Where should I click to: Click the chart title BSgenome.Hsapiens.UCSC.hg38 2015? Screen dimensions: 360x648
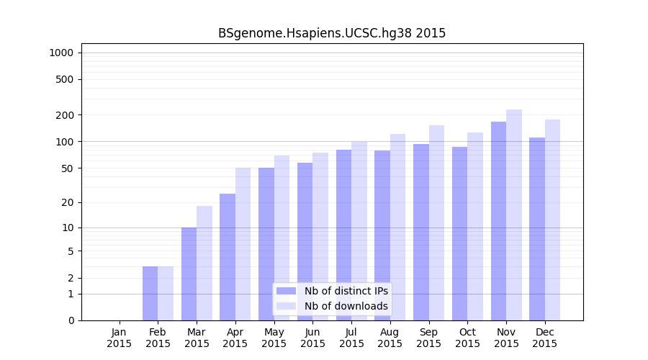(x=332, y=33)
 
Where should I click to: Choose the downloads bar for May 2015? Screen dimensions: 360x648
(x=282, y=238)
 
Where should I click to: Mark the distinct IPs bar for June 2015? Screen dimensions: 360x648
(x=305, y=241)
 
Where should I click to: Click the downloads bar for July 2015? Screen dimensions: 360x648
(x=359, y=230)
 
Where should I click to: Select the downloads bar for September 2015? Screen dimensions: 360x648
(x=436, y=222)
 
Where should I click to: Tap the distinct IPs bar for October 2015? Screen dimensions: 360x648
(x=459, y=233)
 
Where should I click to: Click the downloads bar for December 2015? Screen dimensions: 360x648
(x=552, y=220)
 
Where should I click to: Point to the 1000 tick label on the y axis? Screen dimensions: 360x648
(x=61, y=53)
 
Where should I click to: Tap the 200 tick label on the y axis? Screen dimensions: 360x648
(x=65, y=115)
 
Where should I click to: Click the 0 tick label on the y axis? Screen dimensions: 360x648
(x=71, y=320)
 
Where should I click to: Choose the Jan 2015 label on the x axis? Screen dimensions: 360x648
(x=120, y=338)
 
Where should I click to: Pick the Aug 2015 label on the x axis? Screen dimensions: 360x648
(x=390, y=338)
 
